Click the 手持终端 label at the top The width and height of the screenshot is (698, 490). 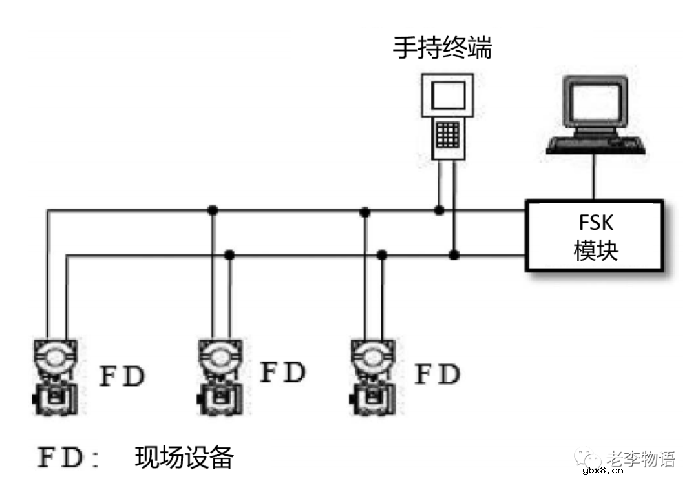(x=443, y=48)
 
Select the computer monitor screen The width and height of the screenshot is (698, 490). (x=595, y=101)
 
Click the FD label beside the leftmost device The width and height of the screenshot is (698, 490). (x=122, y=376)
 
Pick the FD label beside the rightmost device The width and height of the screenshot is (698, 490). (x=437, y=374)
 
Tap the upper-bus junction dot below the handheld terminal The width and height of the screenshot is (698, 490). (x=439, y=210)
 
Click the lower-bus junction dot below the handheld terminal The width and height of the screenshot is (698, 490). (x=454, y=255)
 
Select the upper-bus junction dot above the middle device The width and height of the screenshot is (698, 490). (x=211, y=210)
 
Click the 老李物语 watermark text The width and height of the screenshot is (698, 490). (x=640, y=459)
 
